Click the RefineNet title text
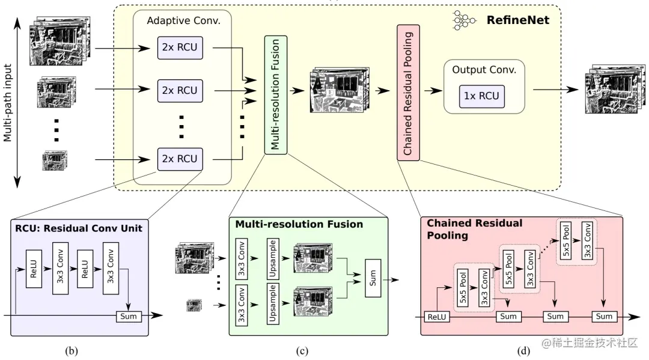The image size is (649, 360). tap(517, 21)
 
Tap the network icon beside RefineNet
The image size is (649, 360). tap(461, 21)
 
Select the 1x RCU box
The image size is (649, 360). tap(481, 96)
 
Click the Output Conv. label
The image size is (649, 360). tap(484, 70)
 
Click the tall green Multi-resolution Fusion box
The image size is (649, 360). tap(275, 94)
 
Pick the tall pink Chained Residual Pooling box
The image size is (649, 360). tap(408, 93)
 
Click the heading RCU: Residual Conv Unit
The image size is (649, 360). tap(76, 228)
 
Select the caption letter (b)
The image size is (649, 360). tap(75, 350)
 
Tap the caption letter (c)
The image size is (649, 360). tap(302, 350)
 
